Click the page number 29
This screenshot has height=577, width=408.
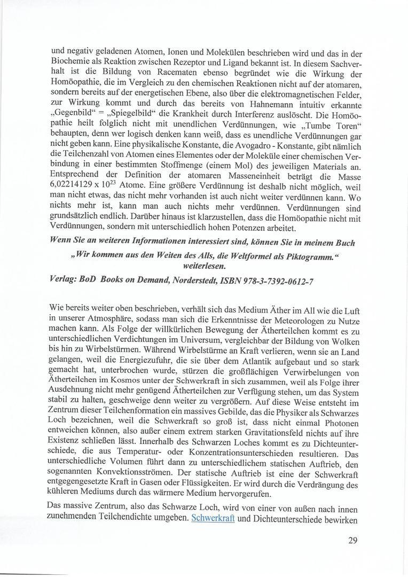point(352,540)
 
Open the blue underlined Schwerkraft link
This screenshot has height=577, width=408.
point(213,518)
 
